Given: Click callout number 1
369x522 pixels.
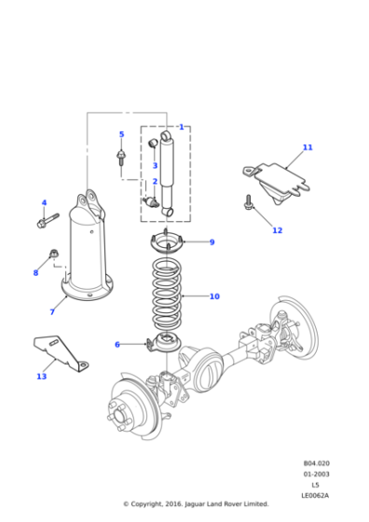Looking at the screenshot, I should [181, 127].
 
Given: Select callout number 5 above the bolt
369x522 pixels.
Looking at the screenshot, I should [121, 134].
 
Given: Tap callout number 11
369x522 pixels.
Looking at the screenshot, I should [307, 147].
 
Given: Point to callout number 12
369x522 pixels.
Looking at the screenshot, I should [277, 230].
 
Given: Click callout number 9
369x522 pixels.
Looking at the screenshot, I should [212, 242].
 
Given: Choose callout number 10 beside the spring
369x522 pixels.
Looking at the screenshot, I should [214, 296].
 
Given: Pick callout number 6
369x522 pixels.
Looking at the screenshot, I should [117, 344].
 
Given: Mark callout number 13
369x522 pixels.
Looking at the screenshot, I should [41, 377].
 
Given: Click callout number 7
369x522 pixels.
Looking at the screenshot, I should [52, 311].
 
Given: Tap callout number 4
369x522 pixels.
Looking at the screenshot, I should [43, 202].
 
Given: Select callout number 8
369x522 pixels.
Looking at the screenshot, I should [35, 272].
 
